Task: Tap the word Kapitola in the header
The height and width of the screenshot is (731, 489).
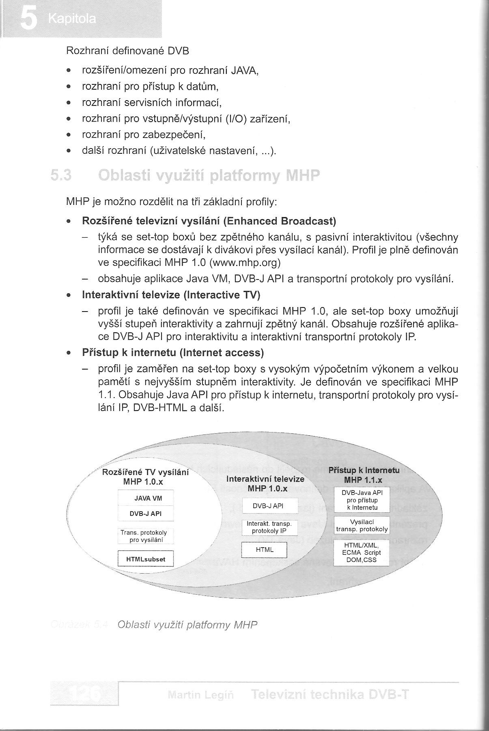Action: tap(72, 19)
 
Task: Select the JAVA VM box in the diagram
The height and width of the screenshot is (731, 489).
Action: tap(146, 499)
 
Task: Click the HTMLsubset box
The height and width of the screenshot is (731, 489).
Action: tap(146, 559)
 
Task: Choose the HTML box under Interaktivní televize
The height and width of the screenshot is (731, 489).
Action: tap(265, 550)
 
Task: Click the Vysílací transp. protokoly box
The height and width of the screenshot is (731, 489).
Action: tap(362, 525)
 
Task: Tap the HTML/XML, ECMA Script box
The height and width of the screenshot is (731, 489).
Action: tap(361, 553)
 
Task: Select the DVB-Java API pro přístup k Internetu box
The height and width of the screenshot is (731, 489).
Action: tap(361, 500)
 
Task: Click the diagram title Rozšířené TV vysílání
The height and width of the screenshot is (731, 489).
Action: tap(145, 472)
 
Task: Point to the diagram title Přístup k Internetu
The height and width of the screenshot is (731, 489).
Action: tap(364, 471)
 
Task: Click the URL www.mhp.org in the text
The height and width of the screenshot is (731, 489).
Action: tap(245, 262)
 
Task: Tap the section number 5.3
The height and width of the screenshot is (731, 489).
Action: tap(61, 176)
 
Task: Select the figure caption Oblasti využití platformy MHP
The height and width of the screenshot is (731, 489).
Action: tap(187, 624)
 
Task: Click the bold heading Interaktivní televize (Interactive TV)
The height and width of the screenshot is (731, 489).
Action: tap(171, 295)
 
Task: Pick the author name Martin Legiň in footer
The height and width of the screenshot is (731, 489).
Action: tap(200, 695)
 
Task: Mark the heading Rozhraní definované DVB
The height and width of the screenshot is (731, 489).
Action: tap(127, 51)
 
